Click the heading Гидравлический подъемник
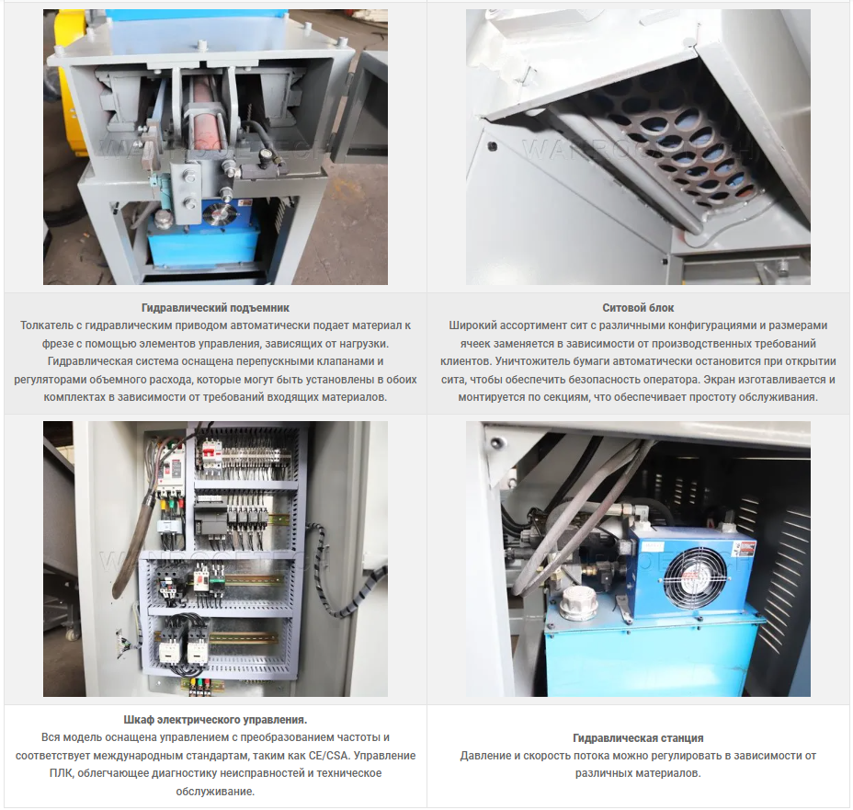click(215, 308)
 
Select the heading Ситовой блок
click(638, 308)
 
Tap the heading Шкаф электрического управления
click(215, 720)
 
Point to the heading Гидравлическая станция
click(638, 738)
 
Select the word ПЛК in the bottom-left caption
click(61, 773)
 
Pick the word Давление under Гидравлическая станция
click(486, 756)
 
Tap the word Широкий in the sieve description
click(472, 325)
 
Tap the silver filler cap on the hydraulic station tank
click(581, 602)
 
